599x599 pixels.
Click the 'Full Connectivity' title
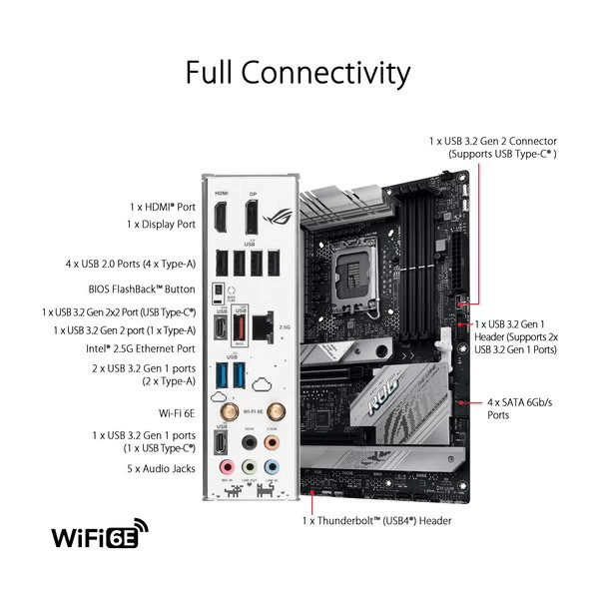tap(298, 73)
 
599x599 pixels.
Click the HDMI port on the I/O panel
tap(220, 215)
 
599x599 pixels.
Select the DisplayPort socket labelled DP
tap(251, 215)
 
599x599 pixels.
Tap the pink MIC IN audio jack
tap(227, 466)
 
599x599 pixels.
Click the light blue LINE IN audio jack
tap(272, 466)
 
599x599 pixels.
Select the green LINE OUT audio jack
tap(249, 466)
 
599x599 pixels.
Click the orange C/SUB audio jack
tap(272, 442)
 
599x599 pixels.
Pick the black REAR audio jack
tap(249, 442)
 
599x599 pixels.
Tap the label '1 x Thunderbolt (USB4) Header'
tap(377, 520)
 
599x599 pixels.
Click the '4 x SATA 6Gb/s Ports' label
tap(519, 407)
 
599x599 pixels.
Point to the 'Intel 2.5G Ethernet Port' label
tap(139, 348)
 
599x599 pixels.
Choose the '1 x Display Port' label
tap(162, 225)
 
